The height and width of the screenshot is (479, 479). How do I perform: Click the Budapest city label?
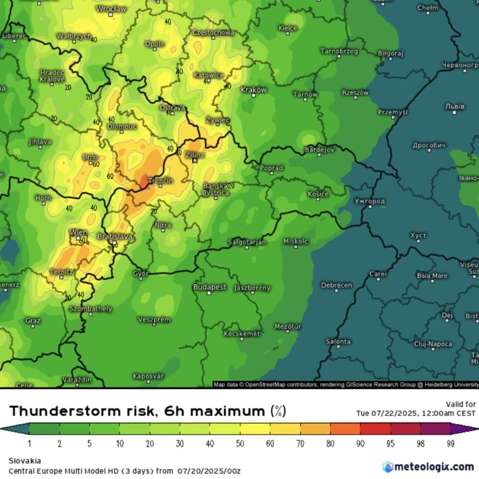(x=210, y=287)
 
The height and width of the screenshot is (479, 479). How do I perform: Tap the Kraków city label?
(x=254, y=89)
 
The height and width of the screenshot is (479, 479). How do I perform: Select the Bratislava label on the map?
(x=115, y=237)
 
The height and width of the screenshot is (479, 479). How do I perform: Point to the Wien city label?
(x=78, y=232)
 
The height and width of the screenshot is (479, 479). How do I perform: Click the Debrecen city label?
(x=336, y=285)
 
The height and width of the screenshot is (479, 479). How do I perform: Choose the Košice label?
(x=318, y=194)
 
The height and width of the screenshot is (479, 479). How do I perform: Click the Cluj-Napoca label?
(x=433, y=344)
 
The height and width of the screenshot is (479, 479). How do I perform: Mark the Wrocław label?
(x=111, y=9)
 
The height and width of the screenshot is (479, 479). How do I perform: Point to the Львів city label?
(x=455, y=107)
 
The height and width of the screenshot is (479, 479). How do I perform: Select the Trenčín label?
(x=160, y=181)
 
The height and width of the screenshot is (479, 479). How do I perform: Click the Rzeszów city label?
(x=355, y=93)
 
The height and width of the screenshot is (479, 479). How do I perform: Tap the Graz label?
(x=33, y=321)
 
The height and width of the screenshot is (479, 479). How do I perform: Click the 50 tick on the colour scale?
(x=239, y=443)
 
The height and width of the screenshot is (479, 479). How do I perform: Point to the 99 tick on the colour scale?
(x=450, y=443)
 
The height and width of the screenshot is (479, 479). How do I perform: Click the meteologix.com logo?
(x=428, y=466)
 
